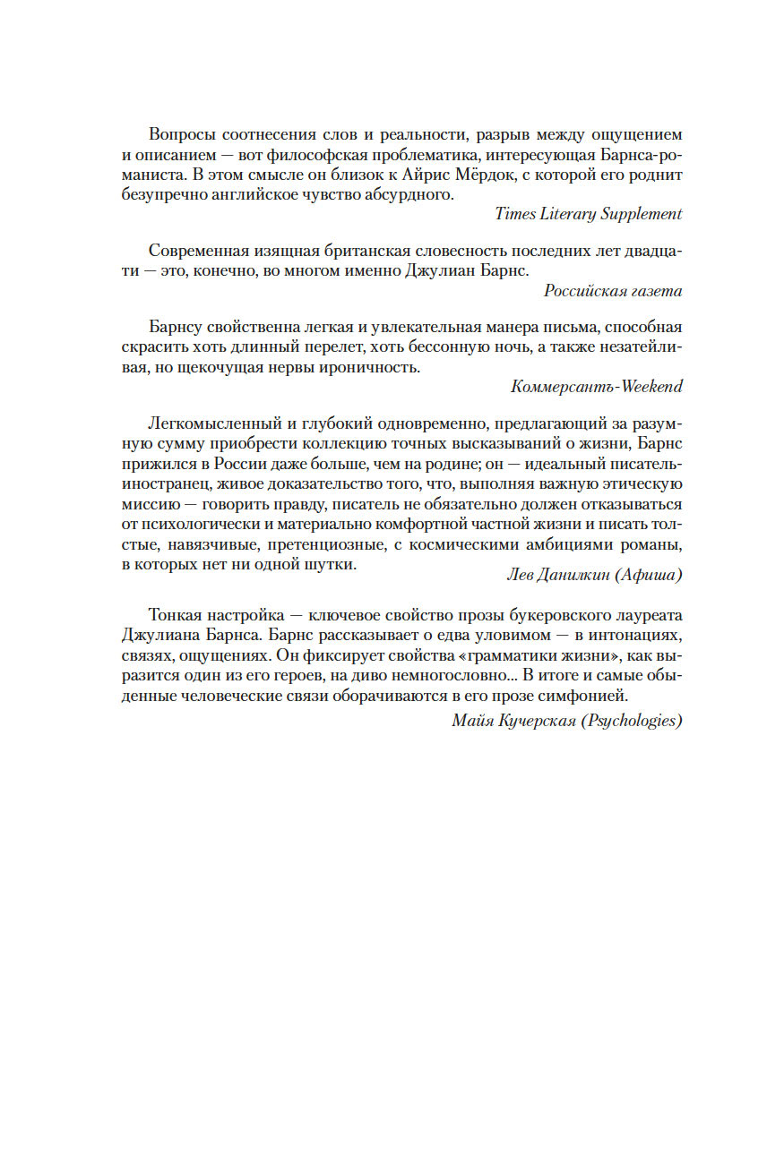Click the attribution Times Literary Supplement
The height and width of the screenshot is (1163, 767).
click(588, 214)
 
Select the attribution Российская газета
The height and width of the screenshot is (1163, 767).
click(613, 291)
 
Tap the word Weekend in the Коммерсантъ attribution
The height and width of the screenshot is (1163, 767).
click(648, 387)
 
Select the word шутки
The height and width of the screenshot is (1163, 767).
click(331, 564)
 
